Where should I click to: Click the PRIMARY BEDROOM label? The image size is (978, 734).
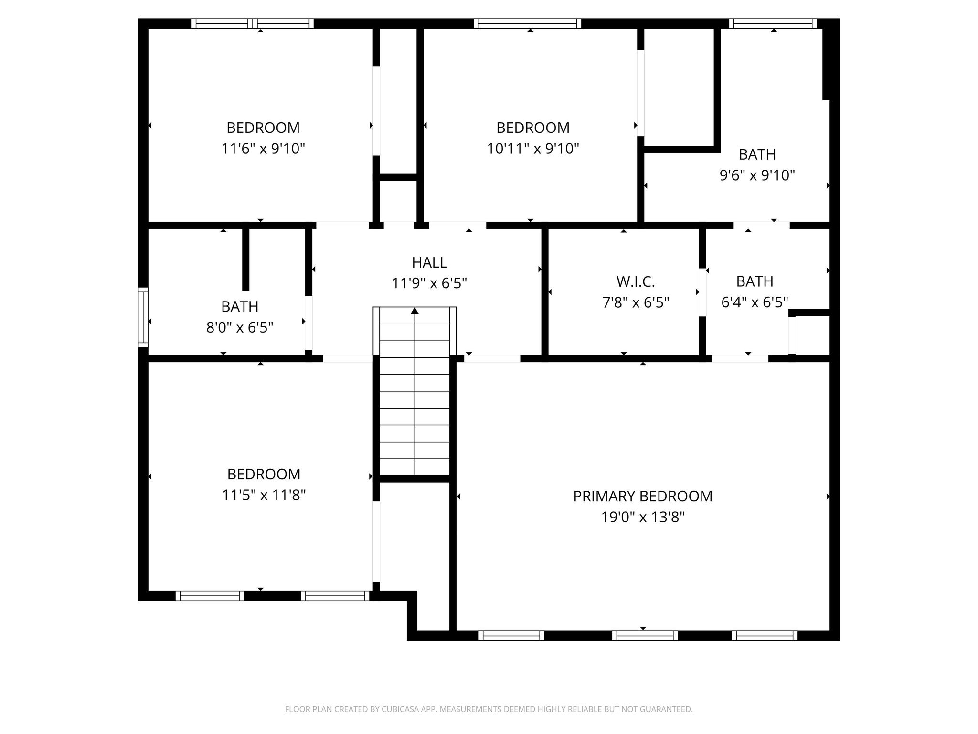tap(642, 496)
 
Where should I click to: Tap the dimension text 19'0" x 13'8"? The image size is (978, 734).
tap(642, 517)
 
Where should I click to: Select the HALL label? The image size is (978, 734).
tap(429, 262)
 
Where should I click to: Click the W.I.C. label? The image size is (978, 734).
tap(635, 281)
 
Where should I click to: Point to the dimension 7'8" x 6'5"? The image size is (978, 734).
tap(635, 302)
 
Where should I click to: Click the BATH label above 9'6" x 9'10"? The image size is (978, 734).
tap(757, 154)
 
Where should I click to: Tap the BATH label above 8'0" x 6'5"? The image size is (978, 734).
tap(240, 306)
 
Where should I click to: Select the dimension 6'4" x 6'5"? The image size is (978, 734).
tap(754, 302)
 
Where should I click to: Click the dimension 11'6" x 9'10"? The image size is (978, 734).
tap(263, 149)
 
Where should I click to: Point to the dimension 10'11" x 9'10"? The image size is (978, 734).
tap(532, 149)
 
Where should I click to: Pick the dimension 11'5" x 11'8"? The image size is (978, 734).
tap(264, 495)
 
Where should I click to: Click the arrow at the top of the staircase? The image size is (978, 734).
tap(415, 311)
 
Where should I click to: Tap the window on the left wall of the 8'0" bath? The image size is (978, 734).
tap(143, 317)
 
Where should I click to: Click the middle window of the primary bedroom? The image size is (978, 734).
tap(645, 636)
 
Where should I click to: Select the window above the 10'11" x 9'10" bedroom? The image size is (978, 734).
tap(527, 23)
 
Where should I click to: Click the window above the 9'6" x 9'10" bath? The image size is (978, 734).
tap(773, 23)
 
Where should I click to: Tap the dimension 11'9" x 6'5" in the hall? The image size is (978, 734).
tap(429, 283)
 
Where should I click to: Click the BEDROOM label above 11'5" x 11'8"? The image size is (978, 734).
tap(264, 474)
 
